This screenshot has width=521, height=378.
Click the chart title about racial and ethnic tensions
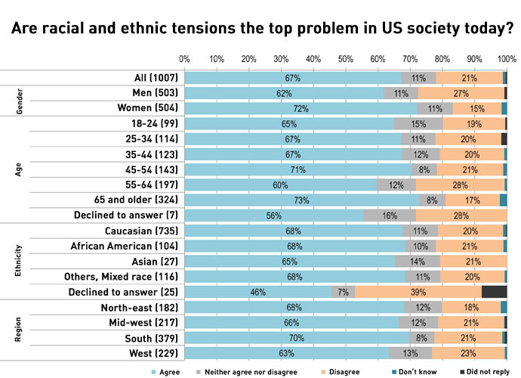click(x=260, y=29)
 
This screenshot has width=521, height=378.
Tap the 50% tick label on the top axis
click(x=345, y=58)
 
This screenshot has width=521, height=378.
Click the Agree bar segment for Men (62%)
click(x=284, y=93)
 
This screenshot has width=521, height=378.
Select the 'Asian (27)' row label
click(x=154, y=261)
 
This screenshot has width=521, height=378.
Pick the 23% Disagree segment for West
click(x=468, y=353)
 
